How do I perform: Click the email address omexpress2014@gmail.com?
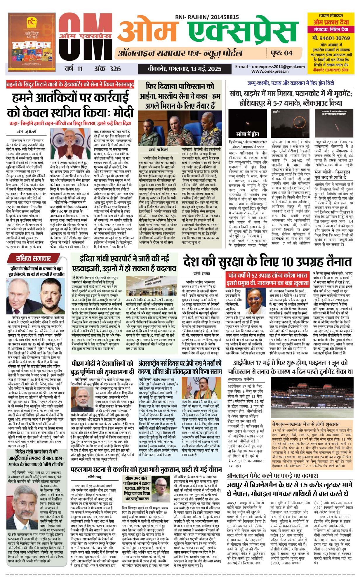270,67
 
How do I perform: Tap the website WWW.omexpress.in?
270,71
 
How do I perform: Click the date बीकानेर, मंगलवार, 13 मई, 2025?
184,69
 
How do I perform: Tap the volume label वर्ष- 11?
74,69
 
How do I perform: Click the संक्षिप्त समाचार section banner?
34,258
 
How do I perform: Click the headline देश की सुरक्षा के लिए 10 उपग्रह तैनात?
267,261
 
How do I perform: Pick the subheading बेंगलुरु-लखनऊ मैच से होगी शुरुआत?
306,424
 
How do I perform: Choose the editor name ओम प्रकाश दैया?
331,22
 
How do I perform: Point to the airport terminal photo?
152,286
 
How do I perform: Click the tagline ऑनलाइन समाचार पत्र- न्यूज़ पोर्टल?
180,53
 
